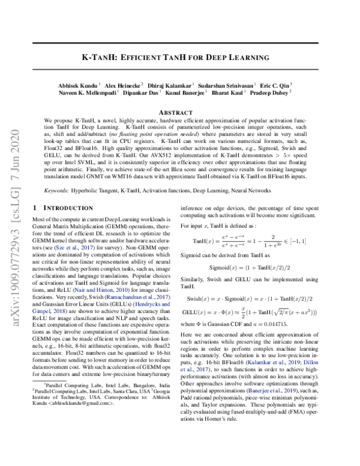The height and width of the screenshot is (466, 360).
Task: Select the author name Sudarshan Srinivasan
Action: click(229, 85)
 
